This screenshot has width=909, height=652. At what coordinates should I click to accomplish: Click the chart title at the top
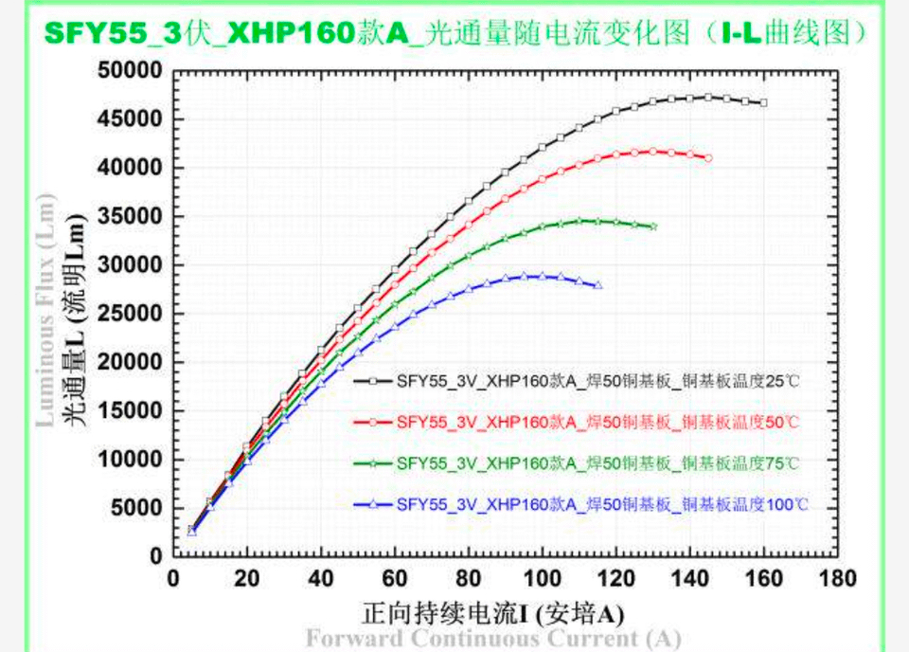[x=454, y=33]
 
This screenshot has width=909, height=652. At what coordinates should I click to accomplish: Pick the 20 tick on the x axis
[x=246, y=578]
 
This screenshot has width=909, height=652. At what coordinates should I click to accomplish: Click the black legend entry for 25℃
[x=578, y=381]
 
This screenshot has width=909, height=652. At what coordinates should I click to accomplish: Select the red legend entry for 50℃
[x=578, y=422]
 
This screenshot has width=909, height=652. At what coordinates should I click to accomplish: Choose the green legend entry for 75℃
[x=578, y=463]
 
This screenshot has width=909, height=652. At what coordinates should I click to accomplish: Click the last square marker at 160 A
[x=764, y=102]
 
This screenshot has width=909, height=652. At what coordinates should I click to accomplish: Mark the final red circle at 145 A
[x=708, y=158]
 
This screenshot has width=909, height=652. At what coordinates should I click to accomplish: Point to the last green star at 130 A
[x=653, y=226]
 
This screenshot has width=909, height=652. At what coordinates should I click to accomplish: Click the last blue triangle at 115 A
[x=598, y=285]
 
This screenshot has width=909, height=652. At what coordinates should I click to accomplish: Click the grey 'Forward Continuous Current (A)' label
[x=492, y=639]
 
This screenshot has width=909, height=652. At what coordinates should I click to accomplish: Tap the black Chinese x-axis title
[x=492, y=612]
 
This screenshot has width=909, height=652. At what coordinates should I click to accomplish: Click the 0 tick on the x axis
[x=172, y=578]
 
